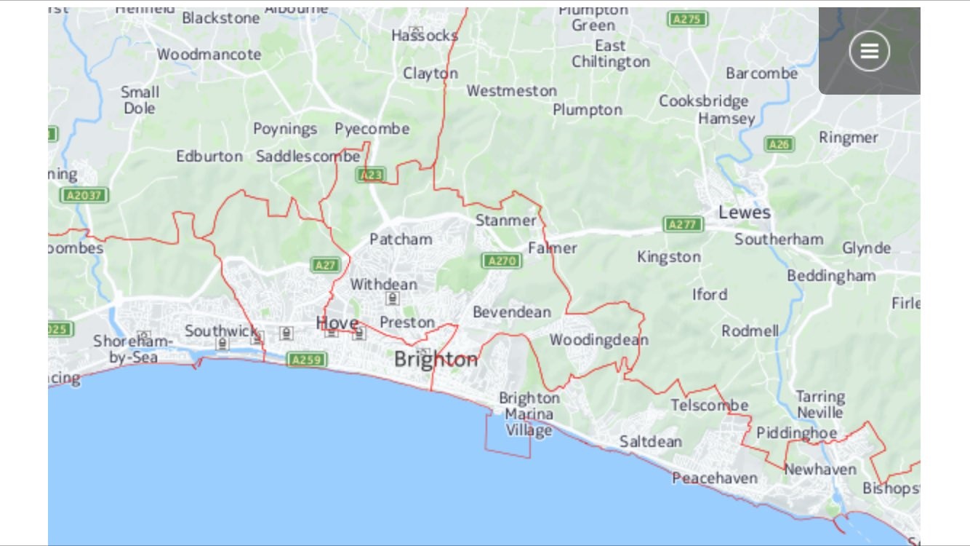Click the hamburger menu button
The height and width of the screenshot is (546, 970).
click(x=869, y=51)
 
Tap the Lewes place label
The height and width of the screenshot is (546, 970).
click(x=744, y=213)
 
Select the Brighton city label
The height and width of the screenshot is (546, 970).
click(x=436, y=360)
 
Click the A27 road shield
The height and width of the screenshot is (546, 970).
click(x=325, y=265)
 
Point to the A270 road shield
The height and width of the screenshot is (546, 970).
click(x=502, y=261)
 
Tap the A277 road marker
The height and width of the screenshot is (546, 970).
click(x=683, y=224)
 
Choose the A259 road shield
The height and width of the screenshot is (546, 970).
click(x=307, y=360)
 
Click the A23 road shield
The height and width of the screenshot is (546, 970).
click(x=370, y=175)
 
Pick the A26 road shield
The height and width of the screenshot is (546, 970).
click(x=779, y=144)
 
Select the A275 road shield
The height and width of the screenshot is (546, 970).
click(x=687, y=20)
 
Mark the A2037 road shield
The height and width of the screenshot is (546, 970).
click(x=85, y=195)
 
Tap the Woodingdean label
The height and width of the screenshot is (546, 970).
click(x=598, y=340)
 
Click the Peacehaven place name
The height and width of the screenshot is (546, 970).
click(x=714, y=478)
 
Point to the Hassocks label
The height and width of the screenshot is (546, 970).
click(x=425, y=36)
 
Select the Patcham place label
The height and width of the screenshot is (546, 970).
click(x=401, y=240)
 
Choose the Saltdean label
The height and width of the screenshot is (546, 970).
click(x=650, y=442)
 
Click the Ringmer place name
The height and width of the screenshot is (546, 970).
click(x=848, y=138)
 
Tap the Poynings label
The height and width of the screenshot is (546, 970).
click(x=285, y=130)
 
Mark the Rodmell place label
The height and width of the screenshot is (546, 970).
click(x=750, y=331)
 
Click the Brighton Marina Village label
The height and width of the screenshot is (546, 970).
click(x=529, y=414)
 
